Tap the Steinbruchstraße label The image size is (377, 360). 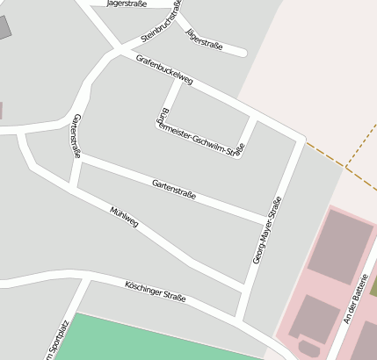pos(162,21)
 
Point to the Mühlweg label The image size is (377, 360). pos(125,217)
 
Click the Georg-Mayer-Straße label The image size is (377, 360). pos(266,230)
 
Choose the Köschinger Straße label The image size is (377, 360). pos(156,292)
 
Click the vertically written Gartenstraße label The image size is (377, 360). pos(77,136)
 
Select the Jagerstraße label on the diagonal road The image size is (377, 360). pos(205,38)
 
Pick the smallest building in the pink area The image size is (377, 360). pos(309,349)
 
